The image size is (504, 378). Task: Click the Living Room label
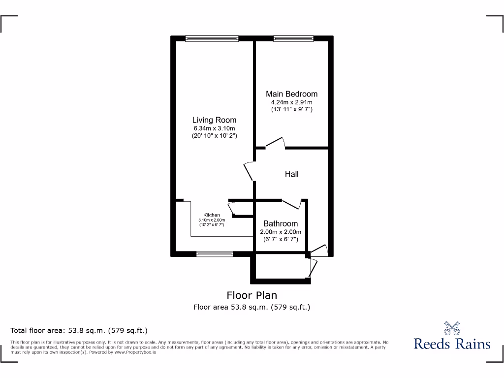click(x=214, y=120)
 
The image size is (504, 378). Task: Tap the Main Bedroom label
click(x=291, y=94)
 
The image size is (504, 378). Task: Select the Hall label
click(x=291, y=174)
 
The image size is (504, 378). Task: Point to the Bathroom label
click(x=281, y=223)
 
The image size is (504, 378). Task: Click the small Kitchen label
click(x=212, y=215)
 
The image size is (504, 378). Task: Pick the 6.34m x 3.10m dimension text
click(x=214, y=128)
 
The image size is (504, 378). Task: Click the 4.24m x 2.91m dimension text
click(x=291, y=102)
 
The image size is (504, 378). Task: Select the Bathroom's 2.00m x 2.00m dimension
click(x=281, y=232)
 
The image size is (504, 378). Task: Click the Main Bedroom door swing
click(x=276, y=143)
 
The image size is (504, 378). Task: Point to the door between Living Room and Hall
click(x=250, y=171)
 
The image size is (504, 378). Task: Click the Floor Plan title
click(x=252, y=295)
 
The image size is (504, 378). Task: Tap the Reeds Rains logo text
click(x=452, y=344)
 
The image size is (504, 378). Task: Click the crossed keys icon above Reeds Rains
click(x=452, y=328)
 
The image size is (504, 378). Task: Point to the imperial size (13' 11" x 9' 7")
click(x=291, y=109)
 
